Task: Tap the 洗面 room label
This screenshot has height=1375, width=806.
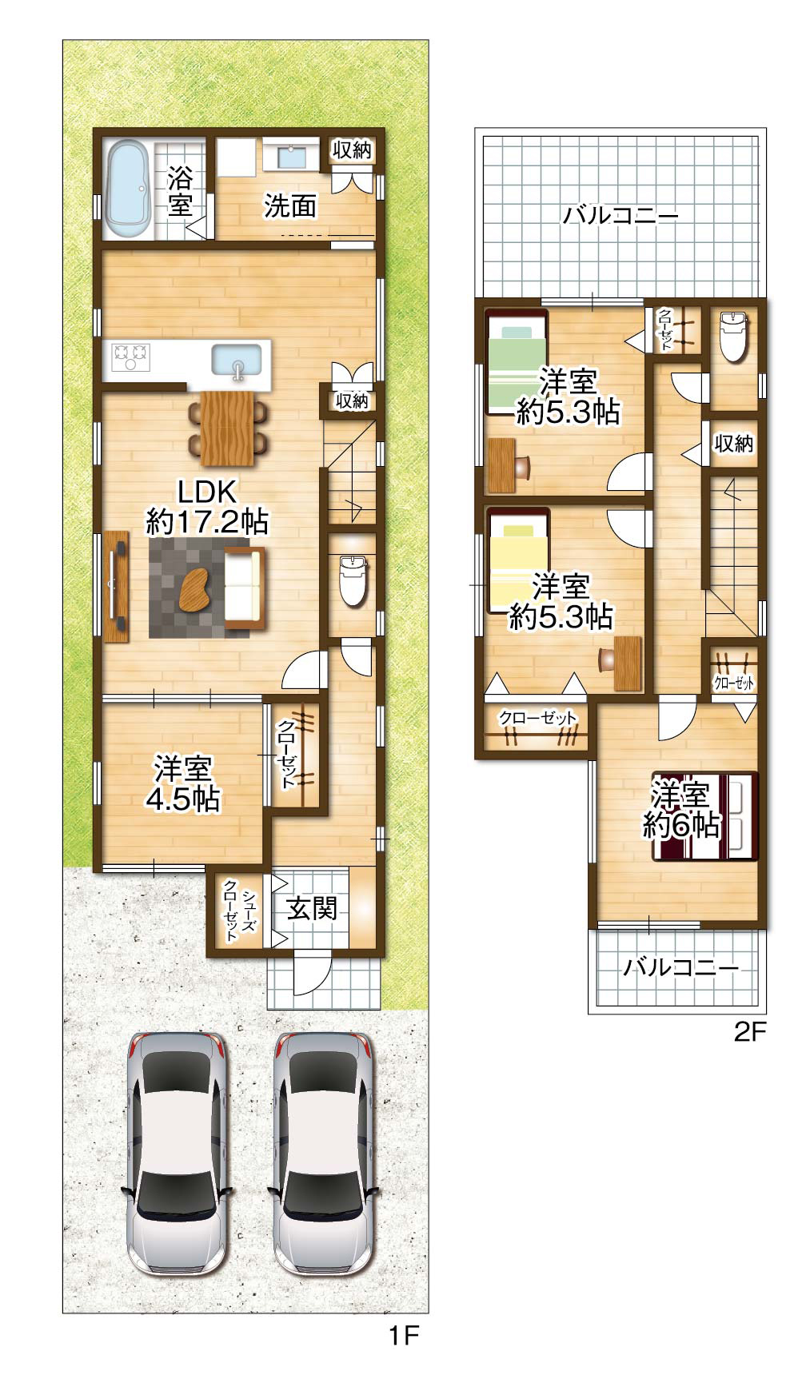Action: [290, 206]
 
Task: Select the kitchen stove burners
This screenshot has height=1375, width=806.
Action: [131, 356]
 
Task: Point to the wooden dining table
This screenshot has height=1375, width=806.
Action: [228, 426]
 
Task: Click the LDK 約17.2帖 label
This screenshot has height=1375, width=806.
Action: [207, 507]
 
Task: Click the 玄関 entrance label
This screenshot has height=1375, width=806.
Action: [312, 908]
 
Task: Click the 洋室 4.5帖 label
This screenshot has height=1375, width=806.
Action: [182, 783]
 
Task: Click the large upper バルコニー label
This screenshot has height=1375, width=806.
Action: [620, 215]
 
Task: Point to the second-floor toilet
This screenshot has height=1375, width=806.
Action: [733, 336]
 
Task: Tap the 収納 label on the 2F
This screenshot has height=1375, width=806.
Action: [733, 442]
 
